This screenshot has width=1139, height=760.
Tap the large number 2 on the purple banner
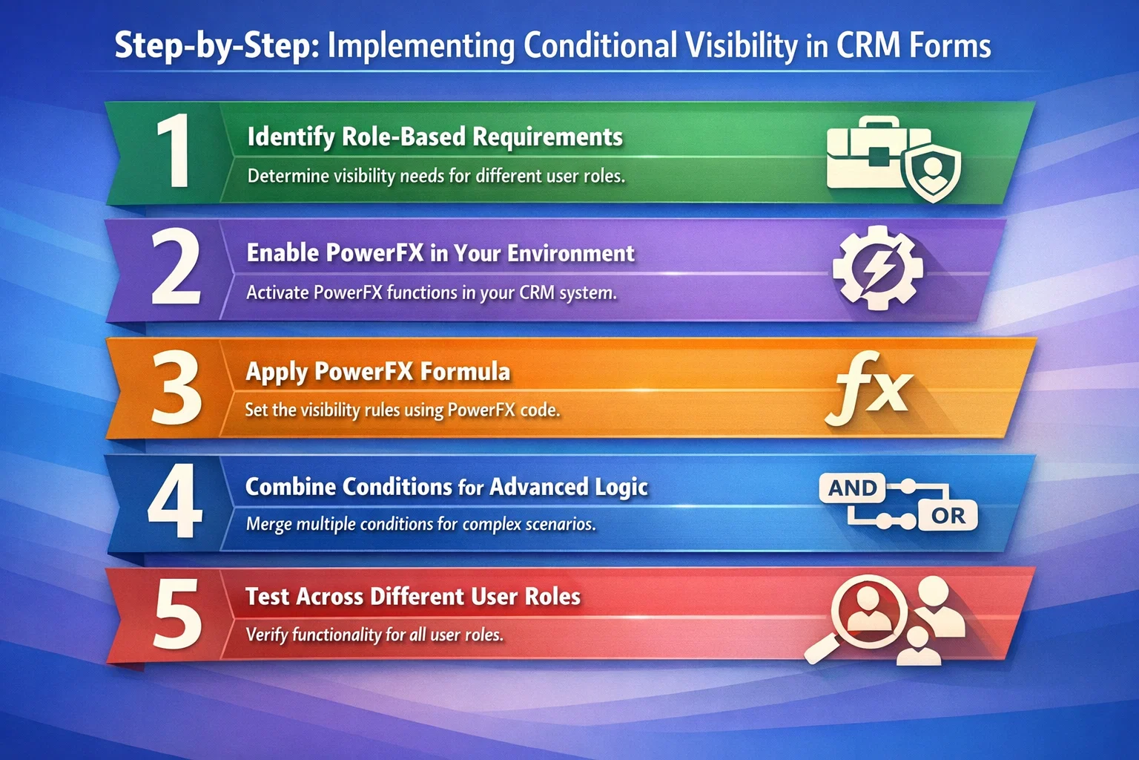176,266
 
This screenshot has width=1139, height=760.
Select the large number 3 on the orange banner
176,387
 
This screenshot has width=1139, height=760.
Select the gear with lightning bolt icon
878,268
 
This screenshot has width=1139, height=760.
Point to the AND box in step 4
852,488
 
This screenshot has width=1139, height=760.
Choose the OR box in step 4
948,516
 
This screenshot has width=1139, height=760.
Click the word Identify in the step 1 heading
291,137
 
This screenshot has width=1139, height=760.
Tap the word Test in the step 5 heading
268,597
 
